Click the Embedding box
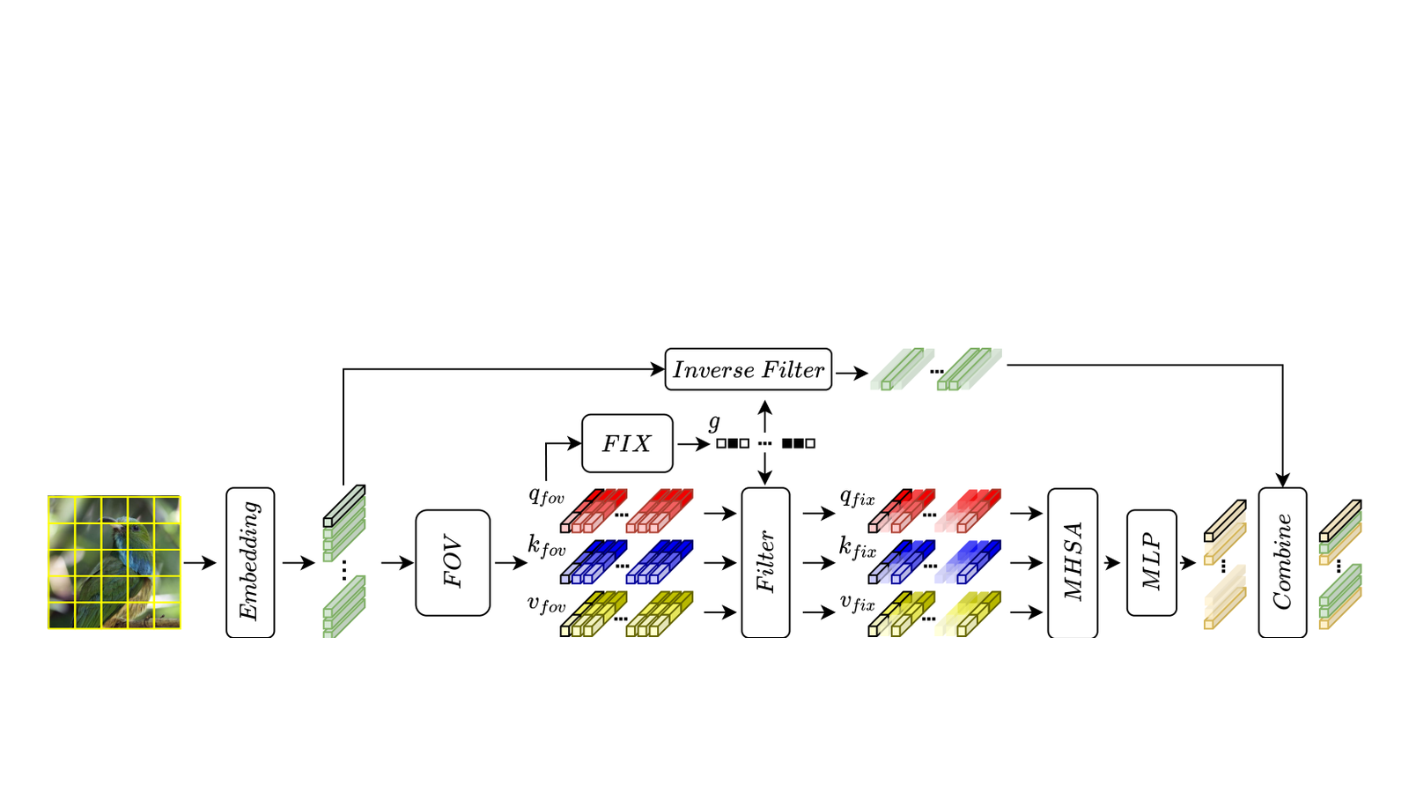click(250, 562)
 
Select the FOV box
click(453, 563)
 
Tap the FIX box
click(627, 443)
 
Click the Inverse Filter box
click(749, 369)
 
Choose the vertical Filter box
click(765, 562)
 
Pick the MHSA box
click(1073, 563)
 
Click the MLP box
click(1152, 563)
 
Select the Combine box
click(1282, 563)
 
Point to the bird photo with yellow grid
click(114, 562)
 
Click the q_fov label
click(546, 497)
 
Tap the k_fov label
click(546, 546)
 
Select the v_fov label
click(546, 604)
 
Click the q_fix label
click(858, 498)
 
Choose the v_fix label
click(858, 603)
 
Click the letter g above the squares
click(714, 424)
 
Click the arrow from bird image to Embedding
click(200, 563)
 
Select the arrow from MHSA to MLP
click(1111, 563)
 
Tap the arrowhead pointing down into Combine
click(1282, 480)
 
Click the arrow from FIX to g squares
click(694, 444)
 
